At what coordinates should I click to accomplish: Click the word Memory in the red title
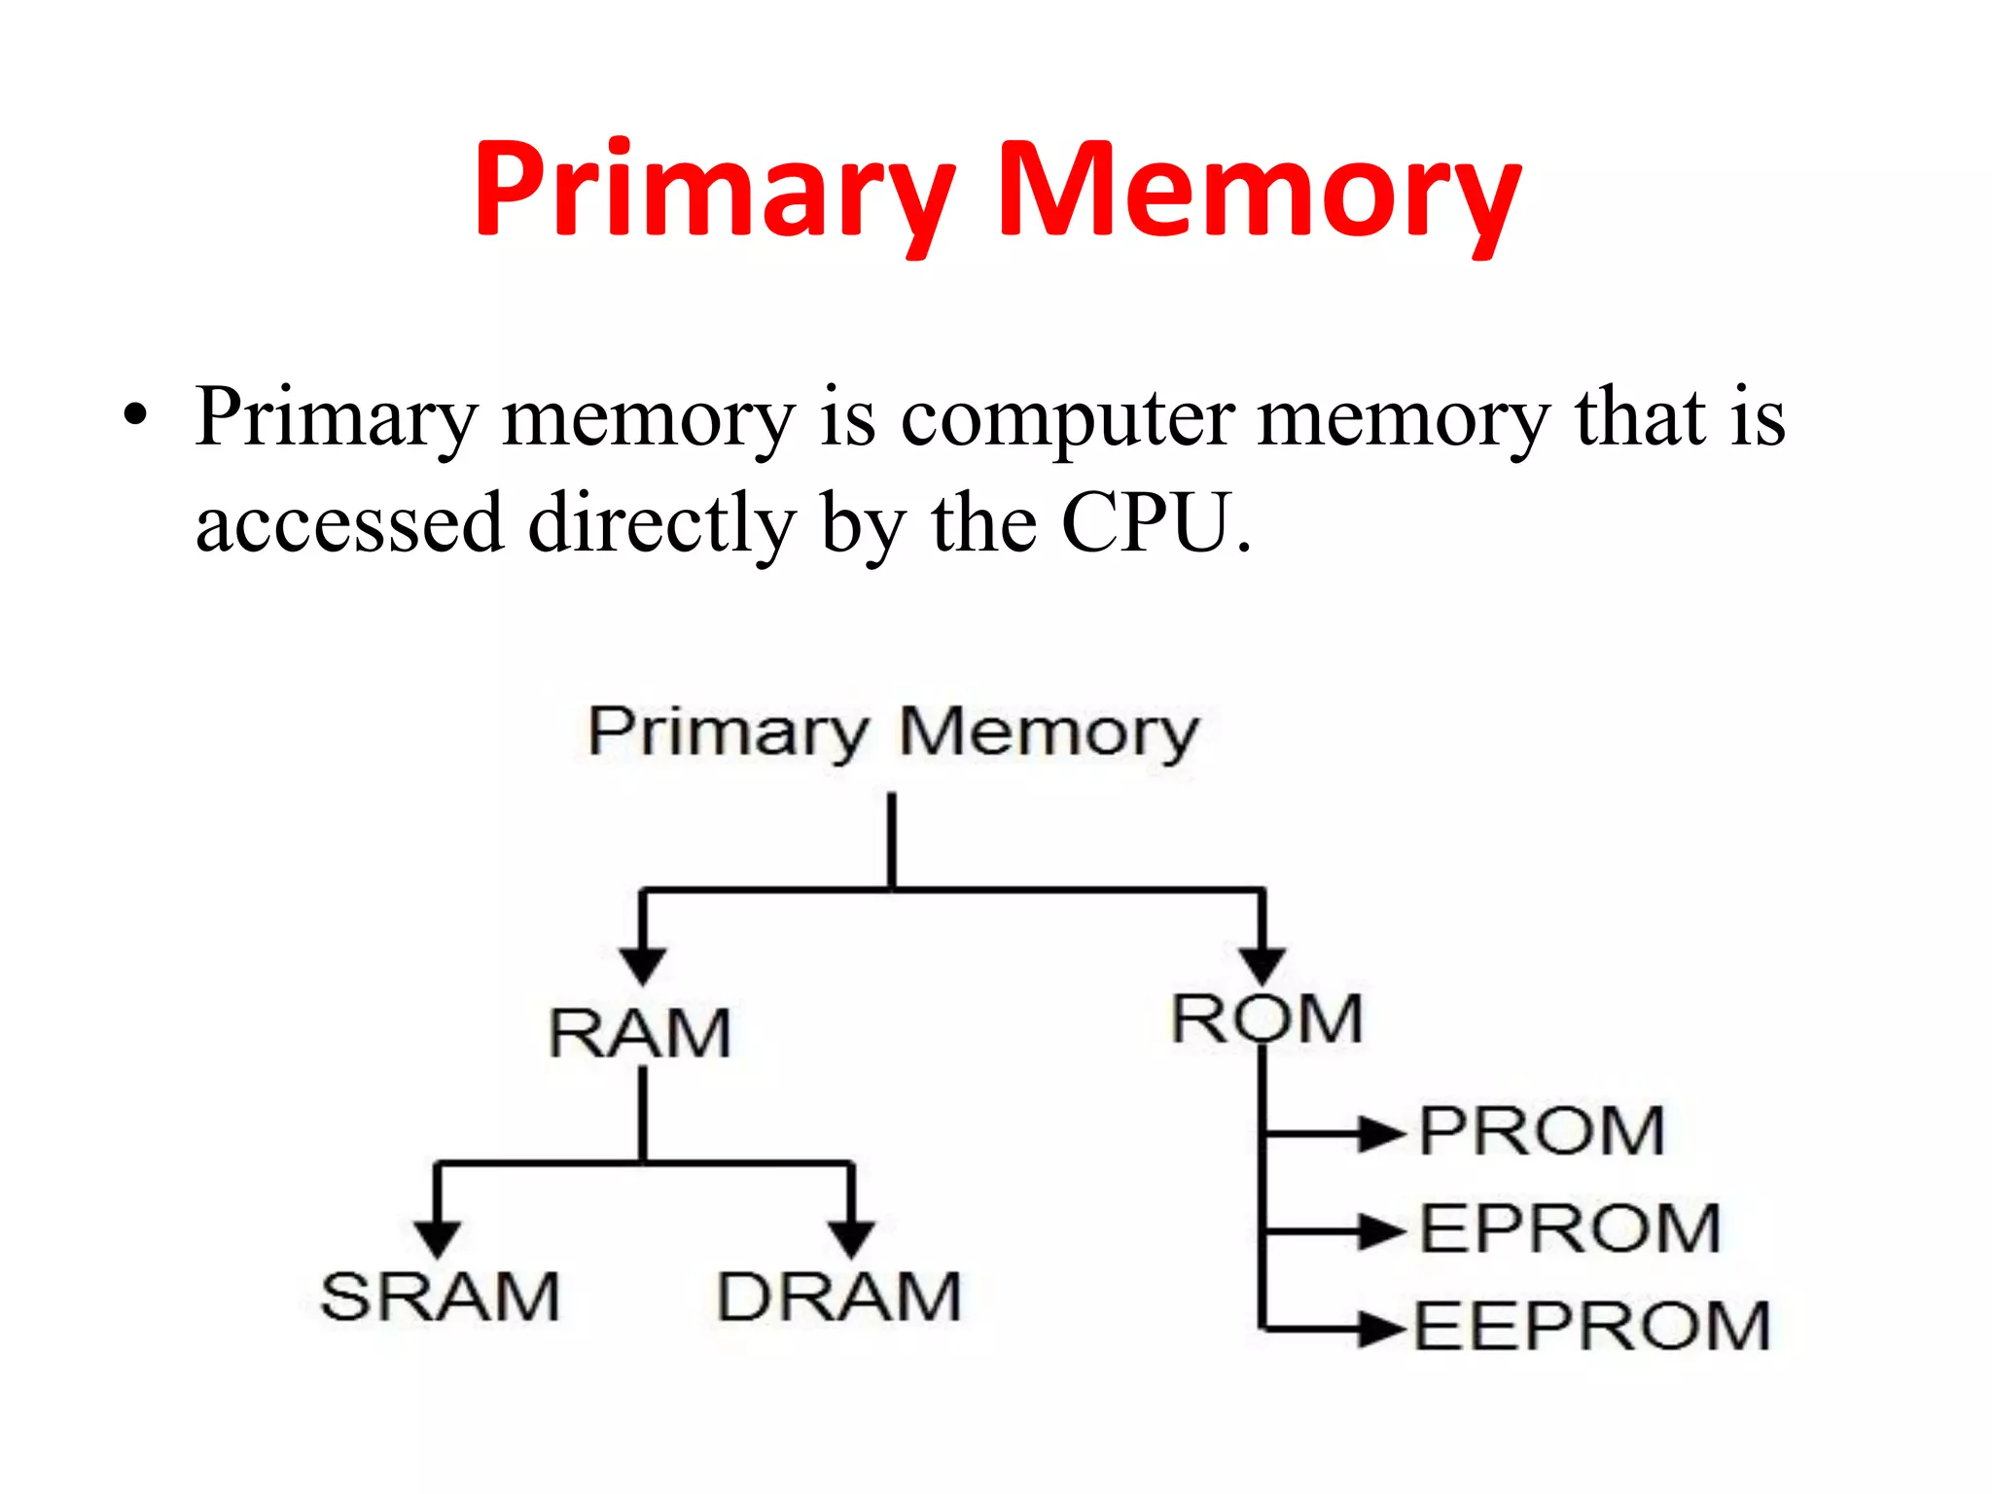point(1260,190)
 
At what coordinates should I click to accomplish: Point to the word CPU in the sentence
point(1148,523)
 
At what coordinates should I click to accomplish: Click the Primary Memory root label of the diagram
point(893,731)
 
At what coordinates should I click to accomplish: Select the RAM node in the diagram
point(639,1033)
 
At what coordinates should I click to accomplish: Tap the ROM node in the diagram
point(1266,1019)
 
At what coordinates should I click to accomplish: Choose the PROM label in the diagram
point(1542,1131)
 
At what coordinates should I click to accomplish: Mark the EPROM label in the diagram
point(1570,1228)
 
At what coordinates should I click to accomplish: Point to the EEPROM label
point(1591,1326)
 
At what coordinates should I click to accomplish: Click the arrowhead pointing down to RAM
point(642,966)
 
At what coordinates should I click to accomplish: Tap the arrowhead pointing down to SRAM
point(438,1238)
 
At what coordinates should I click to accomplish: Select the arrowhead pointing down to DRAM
point(852,1238)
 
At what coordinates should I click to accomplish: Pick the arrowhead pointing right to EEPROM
point(1382,1328)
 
